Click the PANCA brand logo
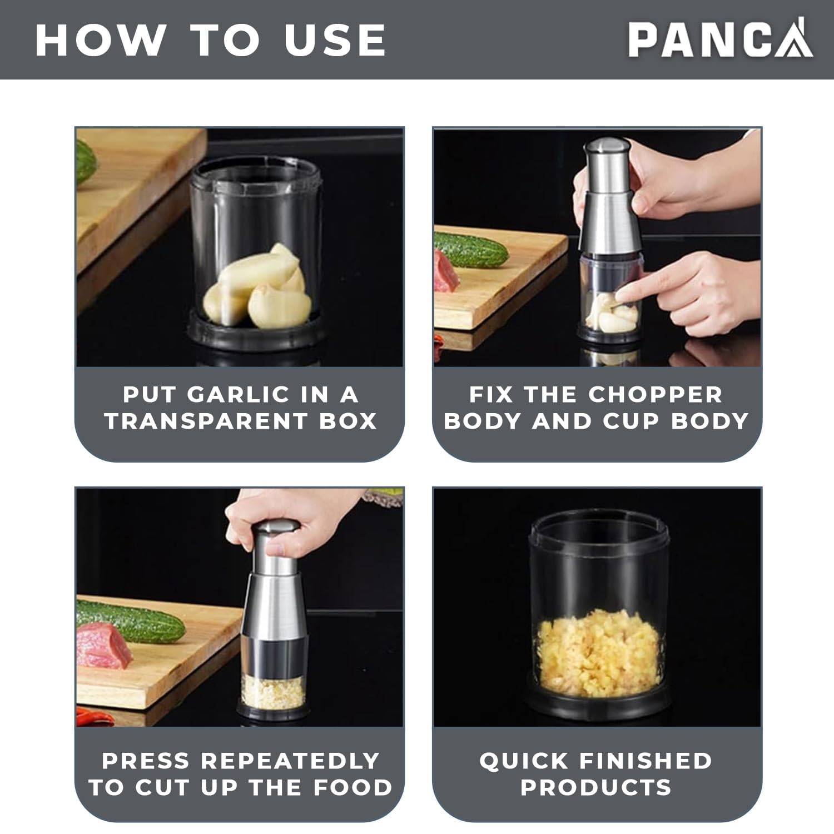[x=720, y=39]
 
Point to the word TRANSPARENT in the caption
[x=205, y=421]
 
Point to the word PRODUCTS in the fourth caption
[x=596, y=787]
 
